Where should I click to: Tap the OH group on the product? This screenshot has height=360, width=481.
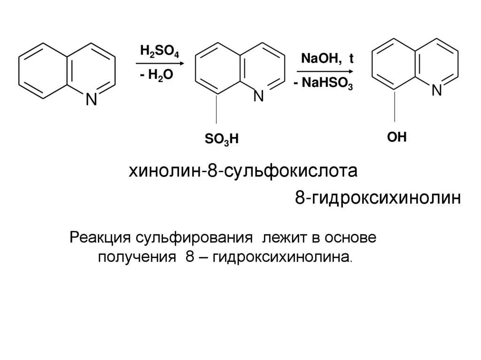396,137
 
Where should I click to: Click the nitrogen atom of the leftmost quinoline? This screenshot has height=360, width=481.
91,100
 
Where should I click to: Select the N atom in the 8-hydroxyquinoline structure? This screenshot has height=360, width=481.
436,91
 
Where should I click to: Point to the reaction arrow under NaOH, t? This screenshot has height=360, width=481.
324,71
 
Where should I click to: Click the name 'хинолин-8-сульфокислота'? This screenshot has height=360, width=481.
244,171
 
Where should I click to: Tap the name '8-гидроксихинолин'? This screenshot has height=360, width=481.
377,199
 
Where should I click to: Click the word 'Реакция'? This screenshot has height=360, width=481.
98,237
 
